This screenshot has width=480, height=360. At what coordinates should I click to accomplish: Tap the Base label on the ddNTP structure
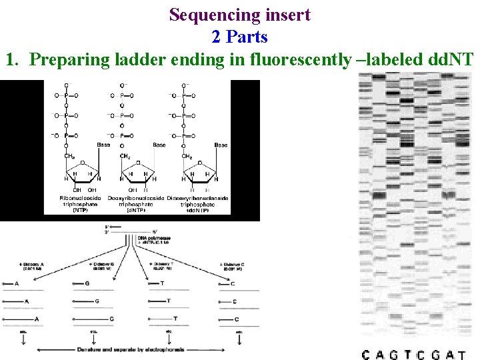click(220, 145)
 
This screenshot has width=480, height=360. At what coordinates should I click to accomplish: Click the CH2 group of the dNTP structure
click(125, 157)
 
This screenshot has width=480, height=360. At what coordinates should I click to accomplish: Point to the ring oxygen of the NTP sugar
click(81, 162)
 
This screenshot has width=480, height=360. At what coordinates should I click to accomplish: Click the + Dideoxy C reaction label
click(236, 266)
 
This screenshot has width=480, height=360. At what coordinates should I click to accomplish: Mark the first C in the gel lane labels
click(365, 354)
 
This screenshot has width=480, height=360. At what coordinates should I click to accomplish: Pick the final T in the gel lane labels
click(462, 354)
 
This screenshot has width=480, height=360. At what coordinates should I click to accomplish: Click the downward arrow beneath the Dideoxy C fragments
click(239, 339)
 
